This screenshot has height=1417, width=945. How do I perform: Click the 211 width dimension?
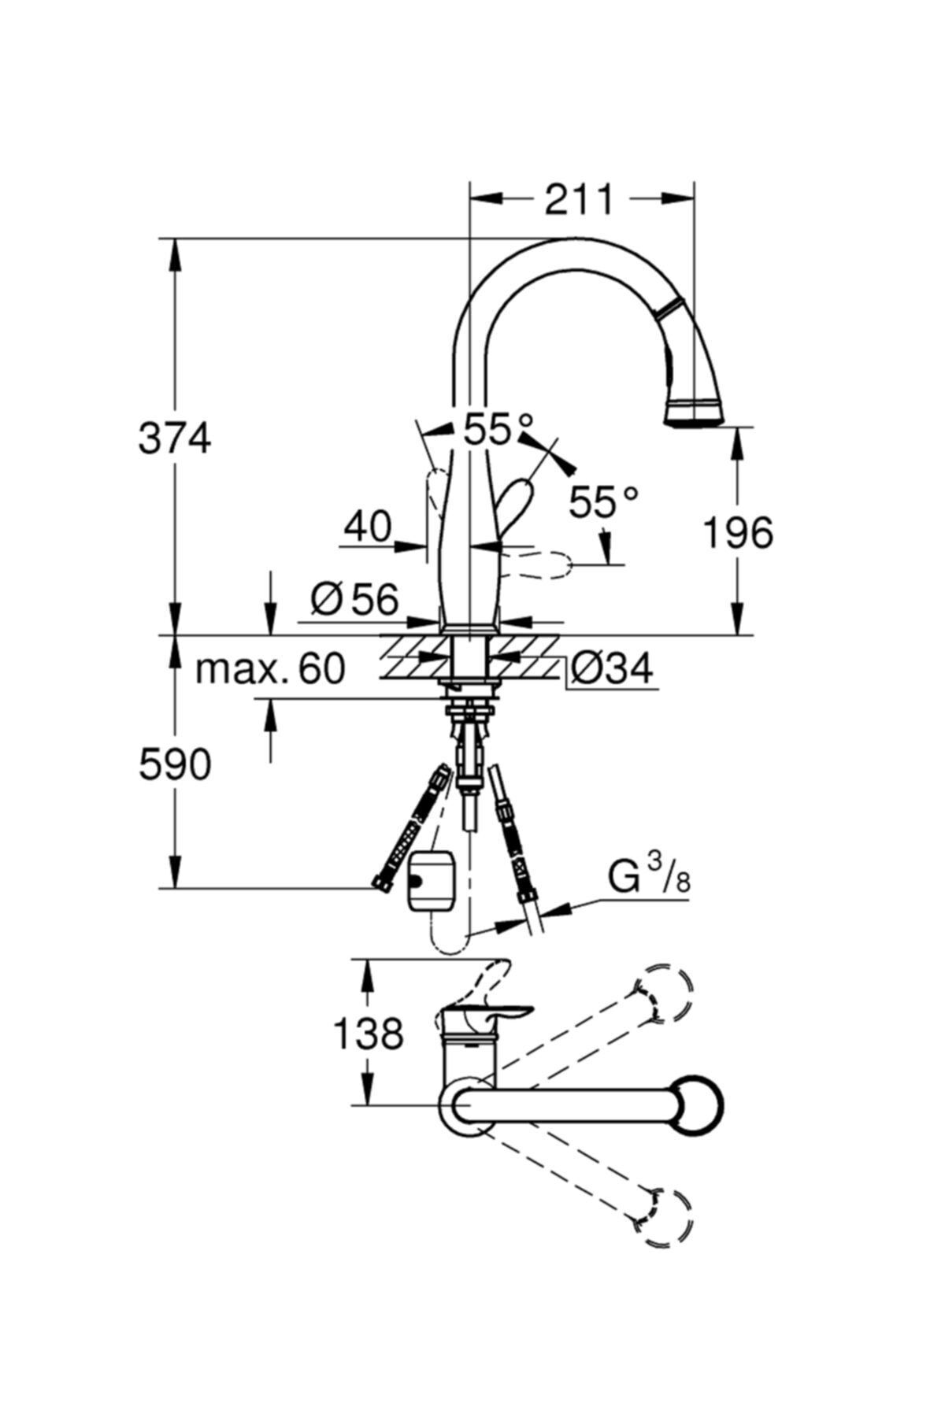[x=579, y=200]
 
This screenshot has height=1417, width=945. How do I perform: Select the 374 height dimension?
[x=175, y=438]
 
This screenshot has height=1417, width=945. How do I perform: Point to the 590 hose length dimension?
[x=175, y=764]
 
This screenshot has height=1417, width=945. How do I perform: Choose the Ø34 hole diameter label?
[x=612, y=670]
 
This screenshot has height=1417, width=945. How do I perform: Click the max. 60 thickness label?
[x=270, y=669]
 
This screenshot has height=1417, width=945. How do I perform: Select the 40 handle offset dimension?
[x=367, y=528]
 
